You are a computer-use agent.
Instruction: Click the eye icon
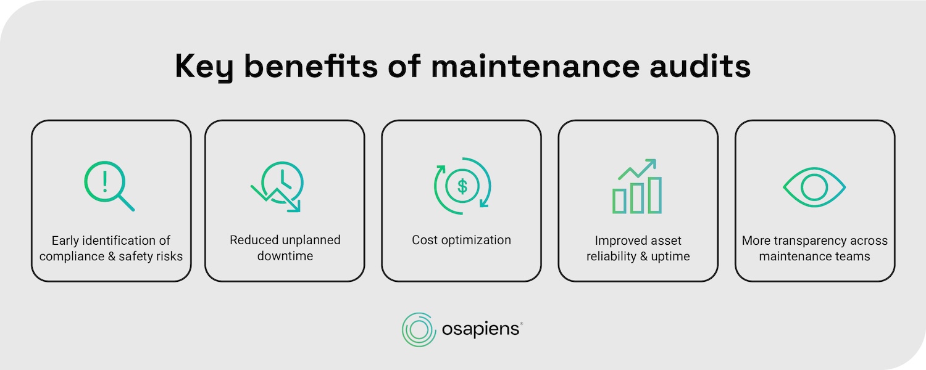click(814, 186)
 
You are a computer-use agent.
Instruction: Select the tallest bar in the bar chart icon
click(654, 195)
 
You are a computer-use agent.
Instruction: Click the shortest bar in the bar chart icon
click(619, 200)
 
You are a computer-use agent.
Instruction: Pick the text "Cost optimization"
click(461, 240)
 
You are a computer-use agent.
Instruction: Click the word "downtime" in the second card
click(285, 255)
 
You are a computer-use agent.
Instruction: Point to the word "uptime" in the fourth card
click(670, 255)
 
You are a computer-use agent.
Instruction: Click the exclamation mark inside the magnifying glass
click(105, 180)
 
